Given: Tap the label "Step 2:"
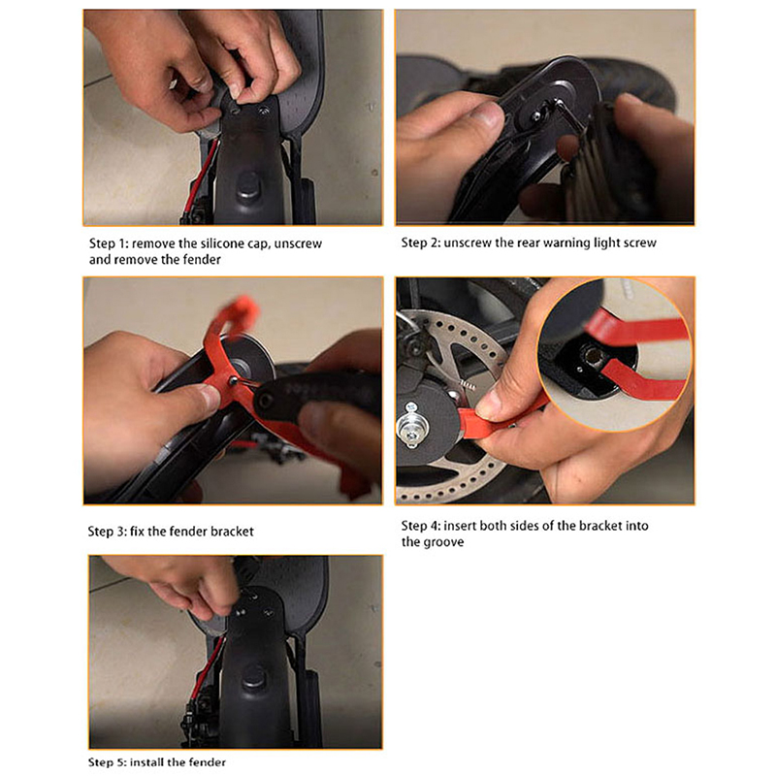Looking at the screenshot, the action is point(421,242).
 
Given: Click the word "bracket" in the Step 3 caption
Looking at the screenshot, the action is point(232,532).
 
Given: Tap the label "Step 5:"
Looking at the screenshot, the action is point(107,762).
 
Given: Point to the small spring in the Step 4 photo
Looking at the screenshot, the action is point(467,384).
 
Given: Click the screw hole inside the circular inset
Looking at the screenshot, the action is point(592,354).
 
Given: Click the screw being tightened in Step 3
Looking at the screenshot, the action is point(233,381).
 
